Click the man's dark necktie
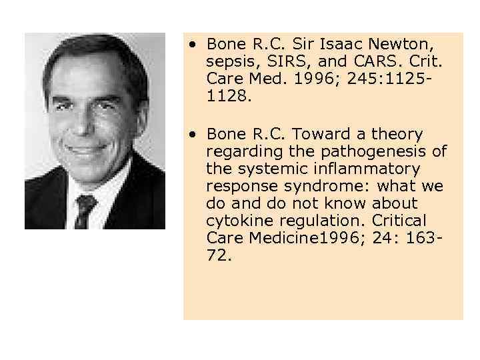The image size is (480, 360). [85, 209]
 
